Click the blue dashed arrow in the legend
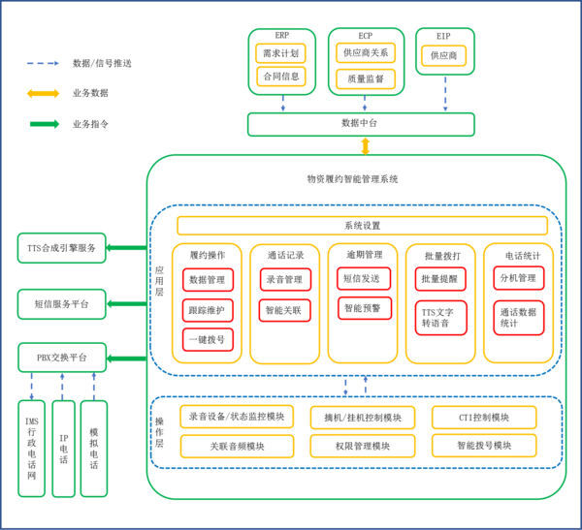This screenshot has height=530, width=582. [43, 63]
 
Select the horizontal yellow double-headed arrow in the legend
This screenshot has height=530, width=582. [43, 93]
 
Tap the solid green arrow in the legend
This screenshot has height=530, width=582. [44, 124]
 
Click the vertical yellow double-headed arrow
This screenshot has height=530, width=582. [366, 146]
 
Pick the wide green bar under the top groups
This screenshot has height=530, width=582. [361, 125]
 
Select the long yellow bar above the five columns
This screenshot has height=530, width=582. [362, 226]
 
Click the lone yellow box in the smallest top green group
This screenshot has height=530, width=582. [444, 56]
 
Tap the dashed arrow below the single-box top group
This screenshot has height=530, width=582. [445, 95]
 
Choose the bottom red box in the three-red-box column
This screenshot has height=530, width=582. [208, 340]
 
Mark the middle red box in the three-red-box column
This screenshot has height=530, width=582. [208, 310]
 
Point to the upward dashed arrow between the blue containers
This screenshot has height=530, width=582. [366, 385]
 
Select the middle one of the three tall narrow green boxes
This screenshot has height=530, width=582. [63, 449]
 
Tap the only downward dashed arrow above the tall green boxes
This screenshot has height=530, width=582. [31, 387]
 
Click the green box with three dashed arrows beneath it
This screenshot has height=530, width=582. [62, 358]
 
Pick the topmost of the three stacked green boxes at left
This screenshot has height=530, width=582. [62, 248]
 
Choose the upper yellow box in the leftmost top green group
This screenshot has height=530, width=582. [280, 52]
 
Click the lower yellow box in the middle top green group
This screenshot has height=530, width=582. [366, 78]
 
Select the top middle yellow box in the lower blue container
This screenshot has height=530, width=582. [363, 418]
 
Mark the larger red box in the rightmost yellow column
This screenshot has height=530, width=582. [518, 318]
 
